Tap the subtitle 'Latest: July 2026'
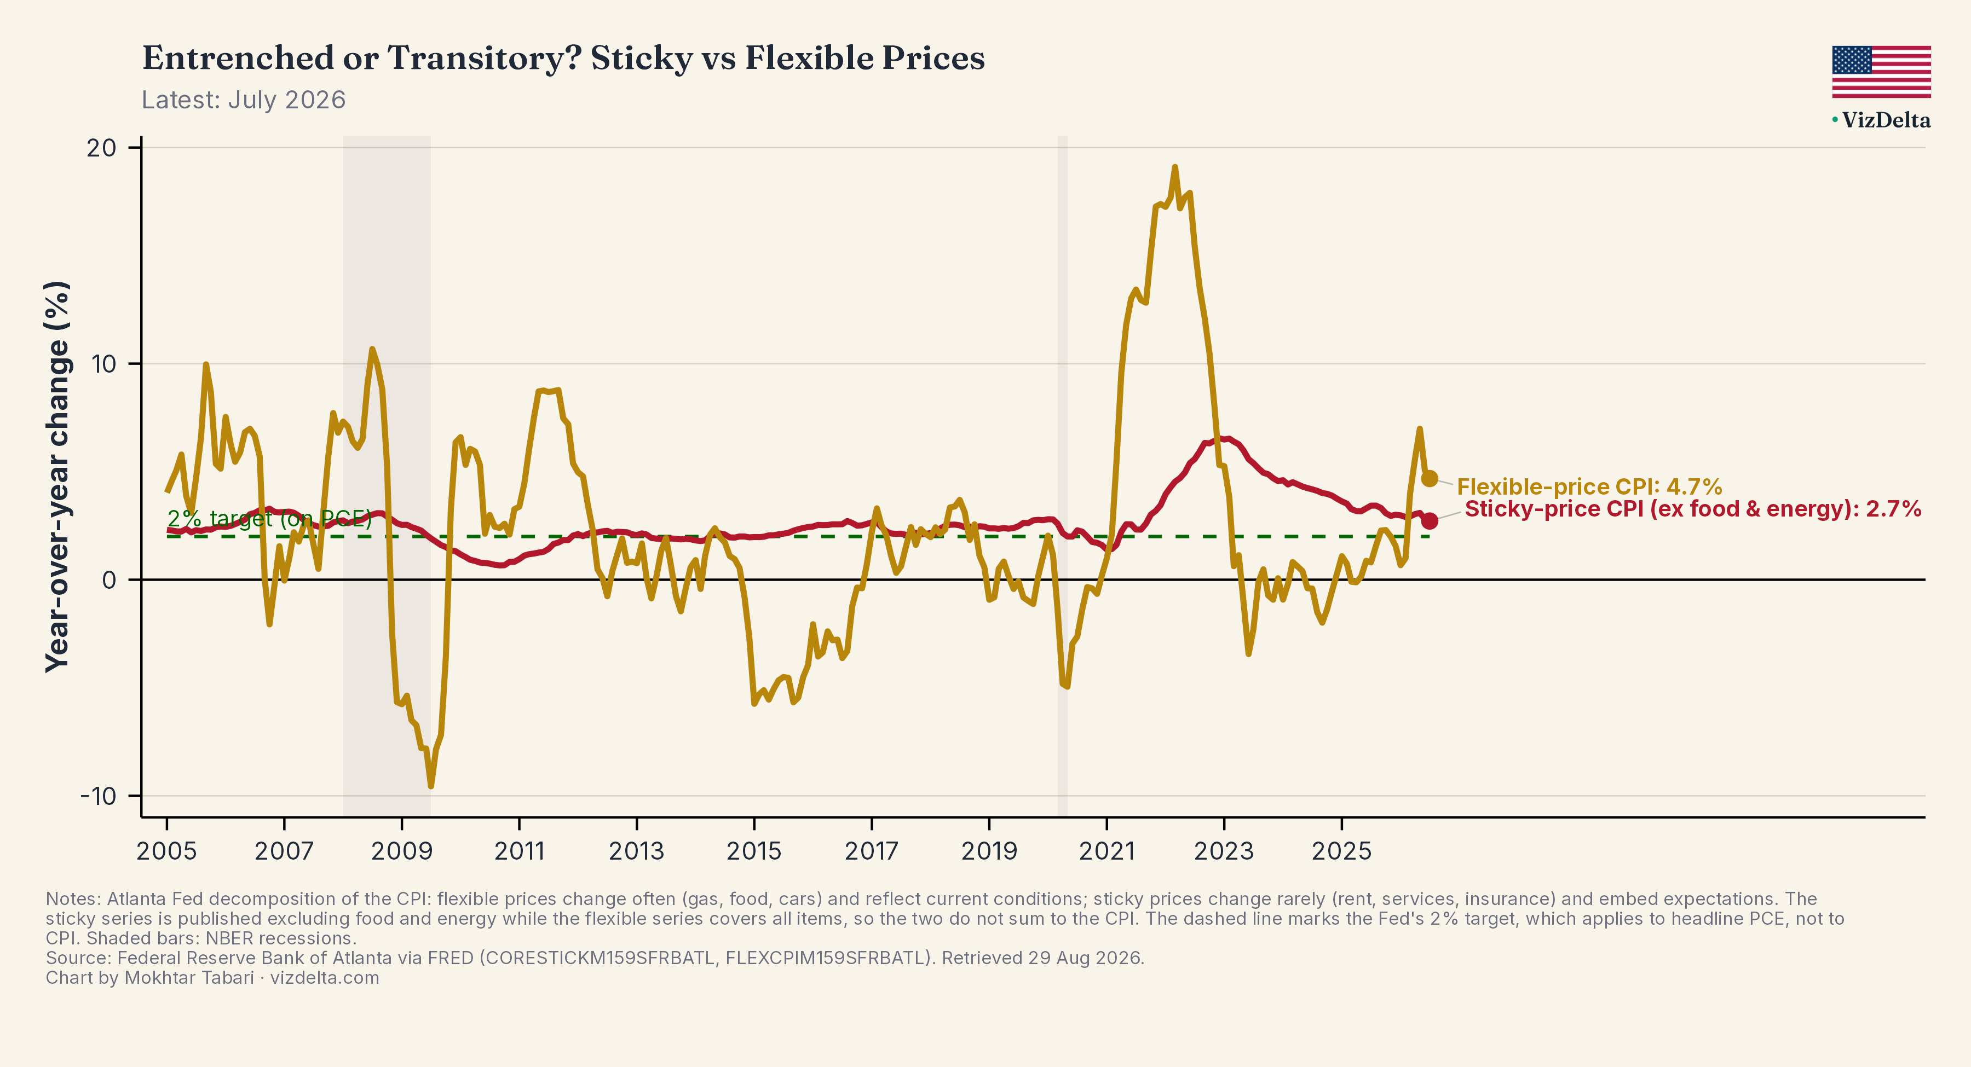[x=243, y=100]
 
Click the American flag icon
[x=1881, y=72]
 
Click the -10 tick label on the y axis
[x=99, y=796]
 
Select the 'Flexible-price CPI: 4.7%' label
[x=1589, y=486]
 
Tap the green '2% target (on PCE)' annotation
[x=269, y=519]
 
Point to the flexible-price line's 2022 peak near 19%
[x=1174, y=167]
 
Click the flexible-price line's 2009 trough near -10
[x=431, y=786]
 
